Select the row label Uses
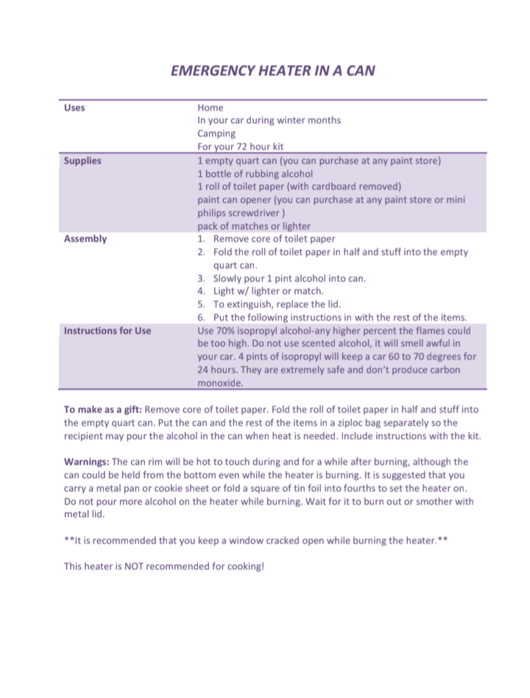[74, 107]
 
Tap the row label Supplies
[82, 161]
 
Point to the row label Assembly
[85, 239]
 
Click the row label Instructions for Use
[107, 331]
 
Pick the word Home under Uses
[211, 107]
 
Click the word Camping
[216, 134]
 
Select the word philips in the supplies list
[213, 213]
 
